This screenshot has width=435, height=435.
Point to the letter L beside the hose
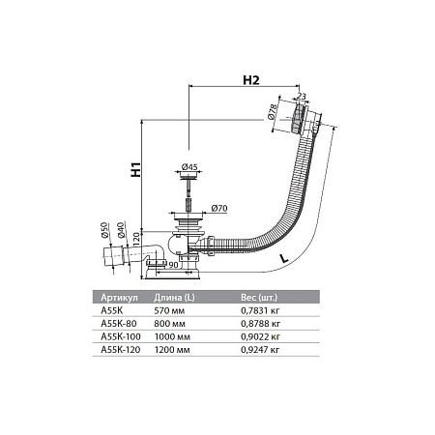279,260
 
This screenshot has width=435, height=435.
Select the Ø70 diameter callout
218,208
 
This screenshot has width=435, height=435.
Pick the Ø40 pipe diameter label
121,231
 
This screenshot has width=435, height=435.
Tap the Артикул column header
121,298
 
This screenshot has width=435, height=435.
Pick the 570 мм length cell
169,310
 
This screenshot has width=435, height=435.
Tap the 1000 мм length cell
172,335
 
